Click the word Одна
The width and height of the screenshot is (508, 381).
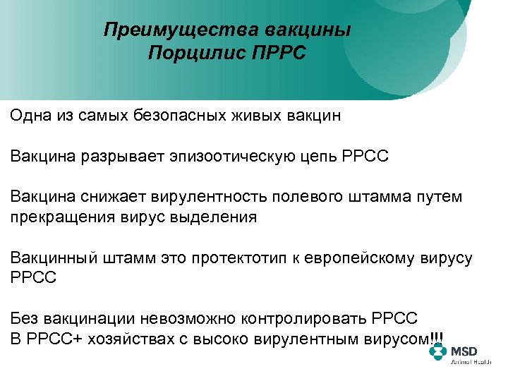pyautogui.click(x=30, y=115)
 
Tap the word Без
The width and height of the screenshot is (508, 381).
pyautogui.click(x=25, y=318)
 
